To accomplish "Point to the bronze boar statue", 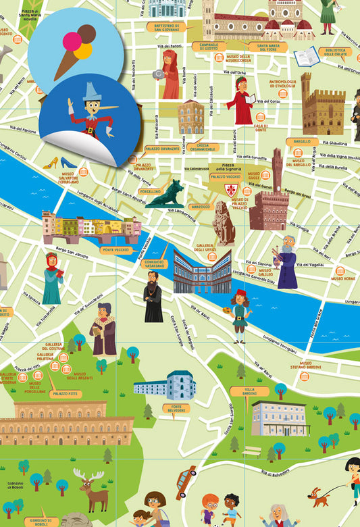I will pos(165,194).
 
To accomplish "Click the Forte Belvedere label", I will pos(177,408).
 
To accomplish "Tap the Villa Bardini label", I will pos(249,391).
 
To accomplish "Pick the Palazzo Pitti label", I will pos(64,393).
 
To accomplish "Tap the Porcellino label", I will pos(150,191).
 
